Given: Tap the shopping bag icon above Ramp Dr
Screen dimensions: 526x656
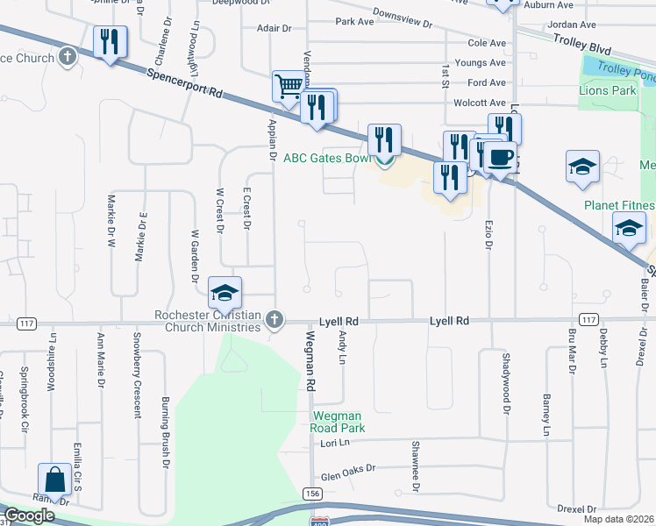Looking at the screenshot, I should pyautogui.click(x=54, y=480).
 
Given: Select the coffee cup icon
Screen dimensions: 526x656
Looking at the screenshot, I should pyautogui.click(x=500, y=158).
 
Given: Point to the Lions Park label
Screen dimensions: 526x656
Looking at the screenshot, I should pyautogui.click(x=607, y=90).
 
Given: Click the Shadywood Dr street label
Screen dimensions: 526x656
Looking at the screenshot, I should pyautogui.click(x=506, y=380).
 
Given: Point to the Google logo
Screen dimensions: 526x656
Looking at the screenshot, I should pyautogui.click(x=29, y=516).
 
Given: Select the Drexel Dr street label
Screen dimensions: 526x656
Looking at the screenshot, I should pyautogui.click(x=576, y=508).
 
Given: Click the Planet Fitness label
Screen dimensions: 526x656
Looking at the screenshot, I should pyautogui.click(x=620, y=205).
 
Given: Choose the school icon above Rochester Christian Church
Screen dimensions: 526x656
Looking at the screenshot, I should pyautogui.click(x=225, y=294).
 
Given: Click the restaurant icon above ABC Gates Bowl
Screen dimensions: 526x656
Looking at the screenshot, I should pyautogui.click(x=384, y=139).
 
